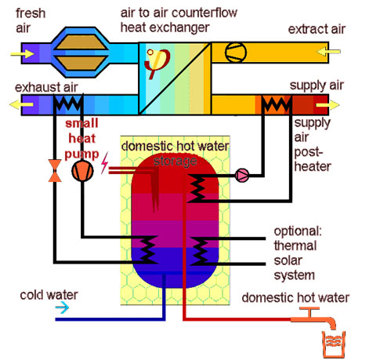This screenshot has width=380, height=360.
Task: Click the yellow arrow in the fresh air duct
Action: pyautogui.click(x=23, y=54)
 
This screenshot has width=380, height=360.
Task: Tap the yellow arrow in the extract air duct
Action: pyautogui.click(x=328, y=52)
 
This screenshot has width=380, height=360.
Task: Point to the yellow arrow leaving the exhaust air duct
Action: pyautogui.click(x=21, y=104)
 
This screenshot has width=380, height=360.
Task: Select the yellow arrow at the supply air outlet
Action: pyautogui.click(x=328, y=105)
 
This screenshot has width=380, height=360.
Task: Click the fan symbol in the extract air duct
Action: pyautogui.click(x=236, y=52)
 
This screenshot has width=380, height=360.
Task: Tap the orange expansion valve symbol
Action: pyautogui.click(x=55, y=171)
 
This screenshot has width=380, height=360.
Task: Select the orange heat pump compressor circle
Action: pyautogui.click(x=82, y=171)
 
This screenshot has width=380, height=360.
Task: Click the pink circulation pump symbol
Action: pyautogui.click(x=242, y=176)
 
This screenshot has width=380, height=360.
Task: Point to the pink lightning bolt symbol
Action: pyautogui.click(x=104, y=163)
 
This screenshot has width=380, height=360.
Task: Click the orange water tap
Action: pyautogui.click(x=313, y=317)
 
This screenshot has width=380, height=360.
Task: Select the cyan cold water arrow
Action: pyautogui.click(x=62, y=307)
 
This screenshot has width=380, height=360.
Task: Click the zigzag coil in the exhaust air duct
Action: pyautogui.click(x=68, y=104)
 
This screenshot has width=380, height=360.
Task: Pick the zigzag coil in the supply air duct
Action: pyautogui.click(x=277, y=104)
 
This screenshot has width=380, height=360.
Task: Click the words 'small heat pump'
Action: pyautogui.click(x=81, y=139)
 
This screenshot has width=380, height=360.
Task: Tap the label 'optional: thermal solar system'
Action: pyautogui.click(x=298, y=253)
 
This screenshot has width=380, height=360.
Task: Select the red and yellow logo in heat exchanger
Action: pyautogui.click(x=157, y=63)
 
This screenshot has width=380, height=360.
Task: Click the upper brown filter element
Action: pyautogui.click(x=81, y=42)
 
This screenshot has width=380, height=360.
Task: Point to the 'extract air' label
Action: pyautogui.click(x=317, y=29)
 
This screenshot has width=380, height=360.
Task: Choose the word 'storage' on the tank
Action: pyautogui.click(x=176, y=162)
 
